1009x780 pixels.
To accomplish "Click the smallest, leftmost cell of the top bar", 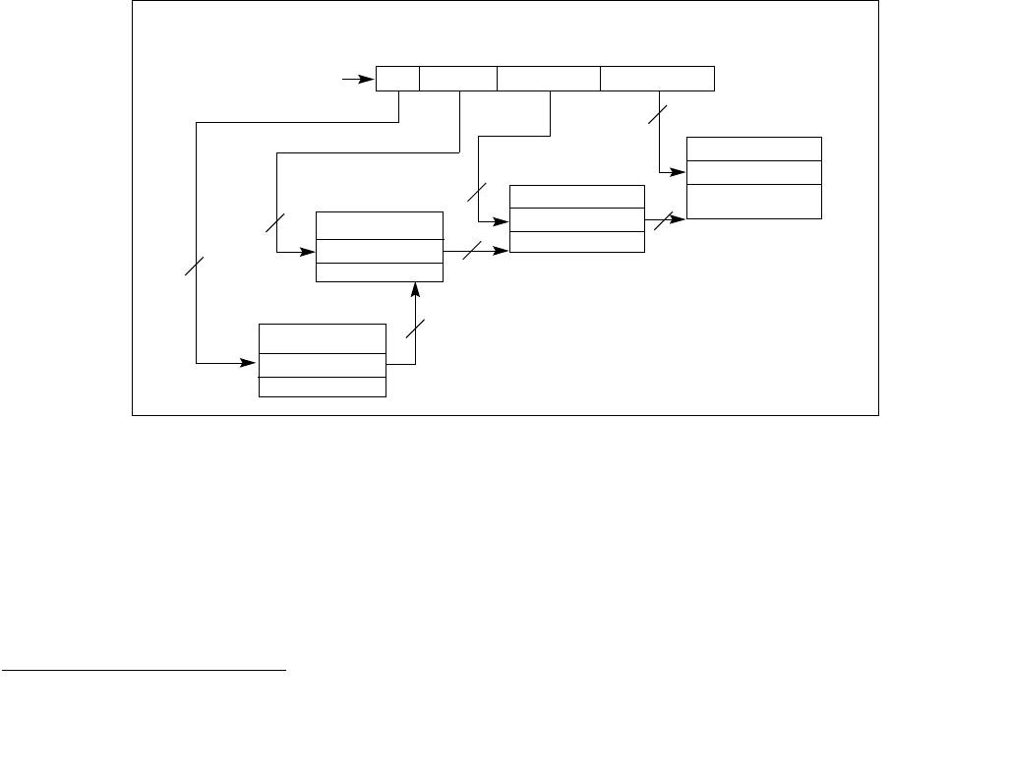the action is [x=397, y=79].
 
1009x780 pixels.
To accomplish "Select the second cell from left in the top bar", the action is [x=458, y=79].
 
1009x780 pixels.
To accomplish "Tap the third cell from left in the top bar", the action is [x=549, y=79].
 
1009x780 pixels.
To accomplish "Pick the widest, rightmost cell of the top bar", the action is [x=657, y=79].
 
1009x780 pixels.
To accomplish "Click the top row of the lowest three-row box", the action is [x=322, y=338].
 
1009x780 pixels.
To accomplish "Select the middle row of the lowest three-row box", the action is [x=322, y=365].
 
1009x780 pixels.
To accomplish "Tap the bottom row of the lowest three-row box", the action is [x=322, y=387].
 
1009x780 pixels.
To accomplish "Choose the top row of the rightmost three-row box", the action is [x=753, y=149].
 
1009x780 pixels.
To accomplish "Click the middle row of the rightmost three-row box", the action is [x=753, y=172].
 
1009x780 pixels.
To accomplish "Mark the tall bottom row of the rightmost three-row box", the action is [x=753, y=201].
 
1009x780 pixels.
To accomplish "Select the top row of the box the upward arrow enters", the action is [x=379, y=224].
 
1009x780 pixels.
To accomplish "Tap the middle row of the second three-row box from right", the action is [x=577, y=219].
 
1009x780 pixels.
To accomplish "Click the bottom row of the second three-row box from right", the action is [x=577, y=242].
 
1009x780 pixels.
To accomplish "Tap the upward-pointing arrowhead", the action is [x=415, y=287].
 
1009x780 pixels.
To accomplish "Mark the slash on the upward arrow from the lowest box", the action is [x=417, y=330].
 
